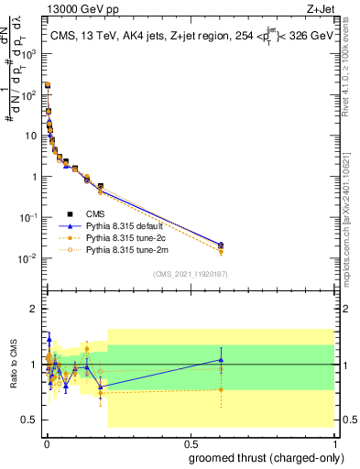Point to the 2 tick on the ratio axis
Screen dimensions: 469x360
(37, 309)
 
